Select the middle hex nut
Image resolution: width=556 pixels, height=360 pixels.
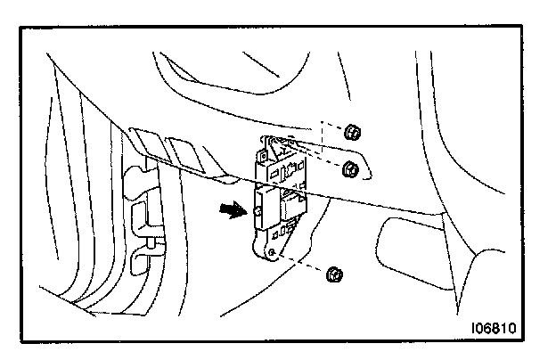click(x=351, y=168)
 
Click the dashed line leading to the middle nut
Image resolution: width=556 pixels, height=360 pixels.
click(x=323, y=161)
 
